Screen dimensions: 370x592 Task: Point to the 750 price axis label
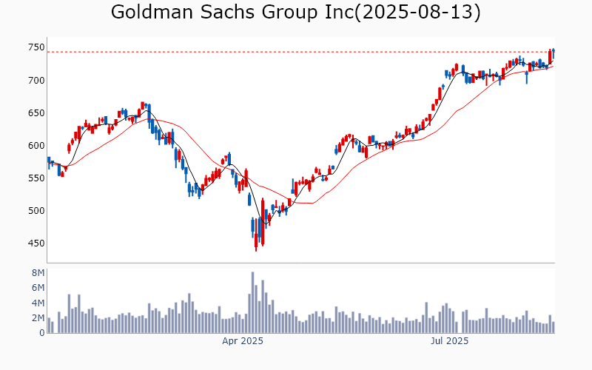(x=37, y=47)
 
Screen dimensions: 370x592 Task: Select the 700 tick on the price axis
(x=37, y=80)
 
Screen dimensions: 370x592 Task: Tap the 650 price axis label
(x=37, y=112)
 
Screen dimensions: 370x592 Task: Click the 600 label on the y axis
(x=37, y=145)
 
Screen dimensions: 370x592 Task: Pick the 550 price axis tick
(x=37, y=178)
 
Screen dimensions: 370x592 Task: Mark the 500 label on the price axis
(x=37, y=210)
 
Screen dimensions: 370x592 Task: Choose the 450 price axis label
(x=37, y=243)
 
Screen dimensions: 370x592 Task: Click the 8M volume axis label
(x=38, y=272)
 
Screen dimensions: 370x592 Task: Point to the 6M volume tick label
(x=38, y=288)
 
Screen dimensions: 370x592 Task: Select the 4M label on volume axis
(x=38, y=303)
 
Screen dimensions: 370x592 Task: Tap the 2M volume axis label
(x=38, y=317)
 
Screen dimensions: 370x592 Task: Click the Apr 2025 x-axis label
(x=243, y=341)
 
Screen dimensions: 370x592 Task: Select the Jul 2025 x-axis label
(x=449, y=341)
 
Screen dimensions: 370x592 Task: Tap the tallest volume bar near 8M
(x=252, y=303)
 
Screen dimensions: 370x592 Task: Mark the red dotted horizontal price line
(x=296, y=52)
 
